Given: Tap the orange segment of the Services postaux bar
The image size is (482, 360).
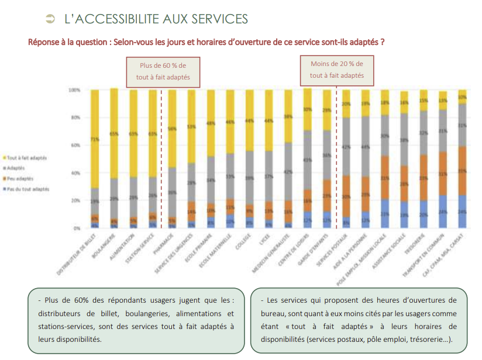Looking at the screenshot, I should point(346,196).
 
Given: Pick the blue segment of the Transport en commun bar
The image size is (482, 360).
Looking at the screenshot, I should point(443,212).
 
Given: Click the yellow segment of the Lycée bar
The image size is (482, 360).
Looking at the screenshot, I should point(268,120).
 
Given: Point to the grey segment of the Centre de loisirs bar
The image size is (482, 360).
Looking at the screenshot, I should point(307,160).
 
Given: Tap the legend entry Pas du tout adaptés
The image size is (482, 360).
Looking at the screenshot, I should point(28,189).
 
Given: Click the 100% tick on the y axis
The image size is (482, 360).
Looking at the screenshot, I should point(74,91).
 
